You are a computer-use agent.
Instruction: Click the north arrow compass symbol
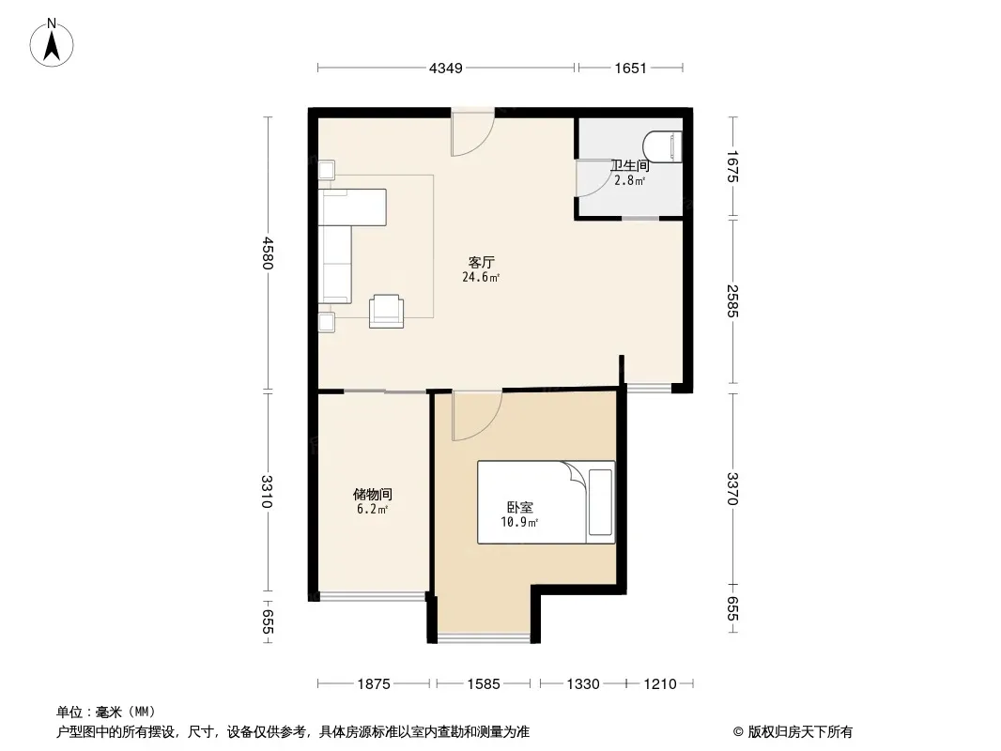(52, 43)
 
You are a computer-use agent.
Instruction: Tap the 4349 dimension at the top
(446, 69)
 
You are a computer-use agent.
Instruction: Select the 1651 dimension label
(631, 69)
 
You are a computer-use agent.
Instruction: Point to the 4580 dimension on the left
(269, 253)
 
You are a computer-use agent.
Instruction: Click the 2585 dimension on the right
(732, 301)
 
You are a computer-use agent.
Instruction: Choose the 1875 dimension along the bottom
(374, 684)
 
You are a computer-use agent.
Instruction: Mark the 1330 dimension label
(583, 684)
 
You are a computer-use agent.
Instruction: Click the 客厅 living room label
(482, 262)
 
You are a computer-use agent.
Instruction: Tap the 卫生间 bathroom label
(630, 166)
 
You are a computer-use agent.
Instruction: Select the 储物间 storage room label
(373, 495)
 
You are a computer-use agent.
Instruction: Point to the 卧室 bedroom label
(519, 507)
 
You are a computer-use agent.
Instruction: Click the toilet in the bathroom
(663, 146)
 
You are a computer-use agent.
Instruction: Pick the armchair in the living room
(386, 312)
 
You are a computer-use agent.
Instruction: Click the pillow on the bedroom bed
(600, 502)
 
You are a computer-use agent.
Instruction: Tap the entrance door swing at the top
(473, 132)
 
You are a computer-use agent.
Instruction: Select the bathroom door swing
(593, 177)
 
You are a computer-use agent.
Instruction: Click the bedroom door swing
(477, 416)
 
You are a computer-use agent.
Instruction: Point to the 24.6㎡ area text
(481, 278)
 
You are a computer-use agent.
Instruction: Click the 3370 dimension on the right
(732, 489)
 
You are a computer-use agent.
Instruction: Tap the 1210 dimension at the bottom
(659, 684)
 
